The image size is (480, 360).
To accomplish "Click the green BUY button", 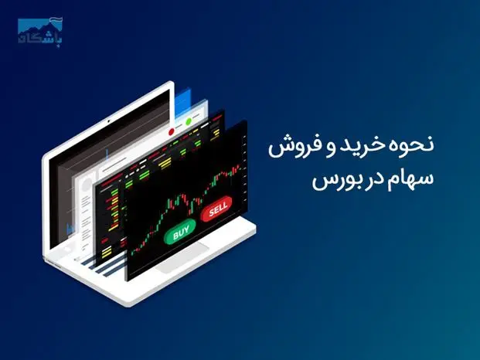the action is [179, 233].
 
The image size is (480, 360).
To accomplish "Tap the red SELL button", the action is [216, 209].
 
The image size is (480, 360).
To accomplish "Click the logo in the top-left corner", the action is [39, 31].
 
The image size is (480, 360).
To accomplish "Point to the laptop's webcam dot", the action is [108, 121].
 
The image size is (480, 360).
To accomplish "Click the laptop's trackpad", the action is [182, 258].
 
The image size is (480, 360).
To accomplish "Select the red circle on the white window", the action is [172, 132].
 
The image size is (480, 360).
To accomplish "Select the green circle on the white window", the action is [189, 121].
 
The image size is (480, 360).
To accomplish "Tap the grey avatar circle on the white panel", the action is [87, 185].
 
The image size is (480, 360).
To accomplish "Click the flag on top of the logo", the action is [56, 21].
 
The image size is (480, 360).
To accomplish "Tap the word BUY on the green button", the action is [181, 233].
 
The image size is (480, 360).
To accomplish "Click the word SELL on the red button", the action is [218, 209].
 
